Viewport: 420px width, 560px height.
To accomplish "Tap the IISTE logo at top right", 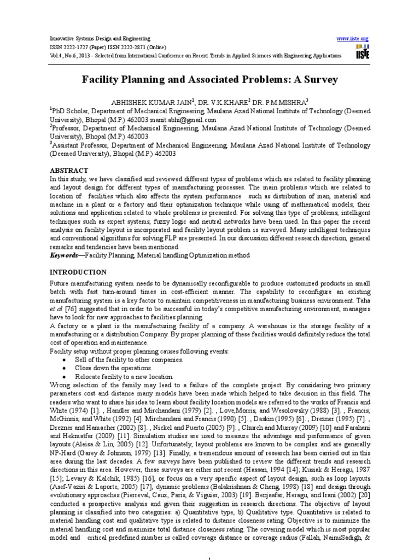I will coord(362,53).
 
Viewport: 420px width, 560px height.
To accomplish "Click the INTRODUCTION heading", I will coord(78,272).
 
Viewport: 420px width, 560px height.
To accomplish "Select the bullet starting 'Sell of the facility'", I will coord(122,359).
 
